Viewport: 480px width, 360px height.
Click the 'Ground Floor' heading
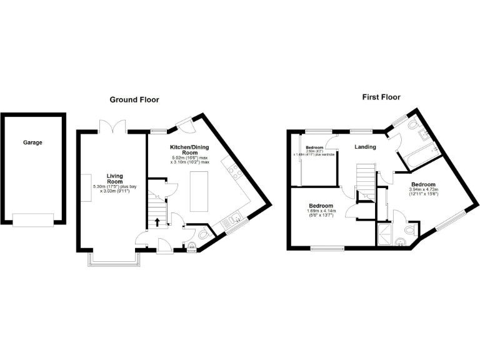pyautogui.click(x=134, y=99)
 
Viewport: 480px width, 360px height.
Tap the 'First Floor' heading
pyautogui.click(x=381, y=97)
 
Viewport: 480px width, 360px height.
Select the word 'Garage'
pyautogui.click(x=33, y=142)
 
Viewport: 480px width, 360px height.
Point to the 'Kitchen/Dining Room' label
pyautogui.click(x=185, y=150)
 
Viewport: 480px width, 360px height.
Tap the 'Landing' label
pyautogui.click(x=365, y=147)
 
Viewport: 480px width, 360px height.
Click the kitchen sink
pyautogui.click(x=236, y=219)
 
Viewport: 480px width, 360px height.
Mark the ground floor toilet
pyautogui.click(x=202, y=236)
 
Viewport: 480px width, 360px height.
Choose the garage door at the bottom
pyautogui.click(x=33, y=221)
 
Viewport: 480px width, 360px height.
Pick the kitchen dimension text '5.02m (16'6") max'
pyautogui.click(x=189, y=158)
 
